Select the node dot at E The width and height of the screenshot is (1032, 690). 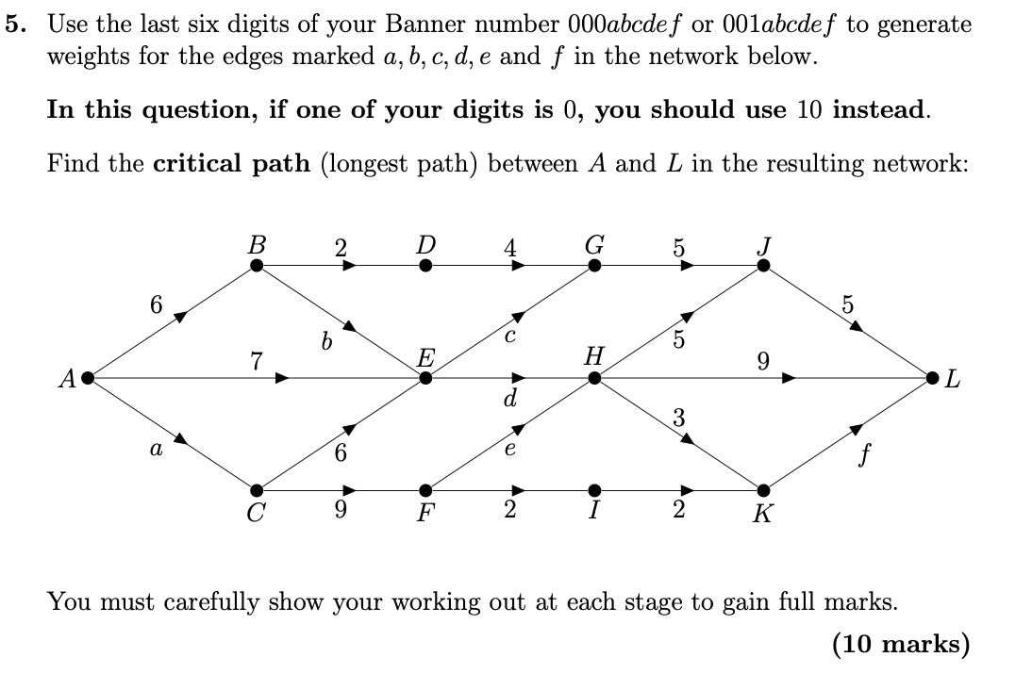[x=426, y=378]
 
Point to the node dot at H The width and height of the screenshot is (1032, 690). [x=594, y=378]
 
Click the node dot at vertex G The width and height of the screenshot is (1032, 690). [x=594, y=266]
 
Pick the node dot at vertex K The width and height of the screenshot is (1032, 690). [x=763, y=490]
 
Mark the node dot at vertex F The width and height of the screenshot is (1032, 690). [x=426, y=490]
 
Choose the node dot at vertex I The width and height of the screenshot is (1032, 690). [x=594, y=490]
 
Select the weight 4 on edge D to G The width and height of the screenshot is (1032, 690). [x=510, y=249]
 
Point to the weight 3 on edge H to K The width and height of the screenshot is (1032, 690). [x=678, y=417]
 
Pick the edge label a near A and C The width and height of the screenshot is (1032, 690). [x=156, y=452]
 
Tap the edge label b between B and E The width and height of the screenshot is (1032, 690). [x=326, y=344]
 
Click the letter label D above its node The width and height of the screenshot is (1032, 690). [x=426, y=245]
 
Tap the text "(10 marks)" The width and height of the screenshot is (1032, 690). [x=900, y=644]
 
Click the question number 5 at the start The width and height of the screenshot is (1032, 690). [x=15, y=25]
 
